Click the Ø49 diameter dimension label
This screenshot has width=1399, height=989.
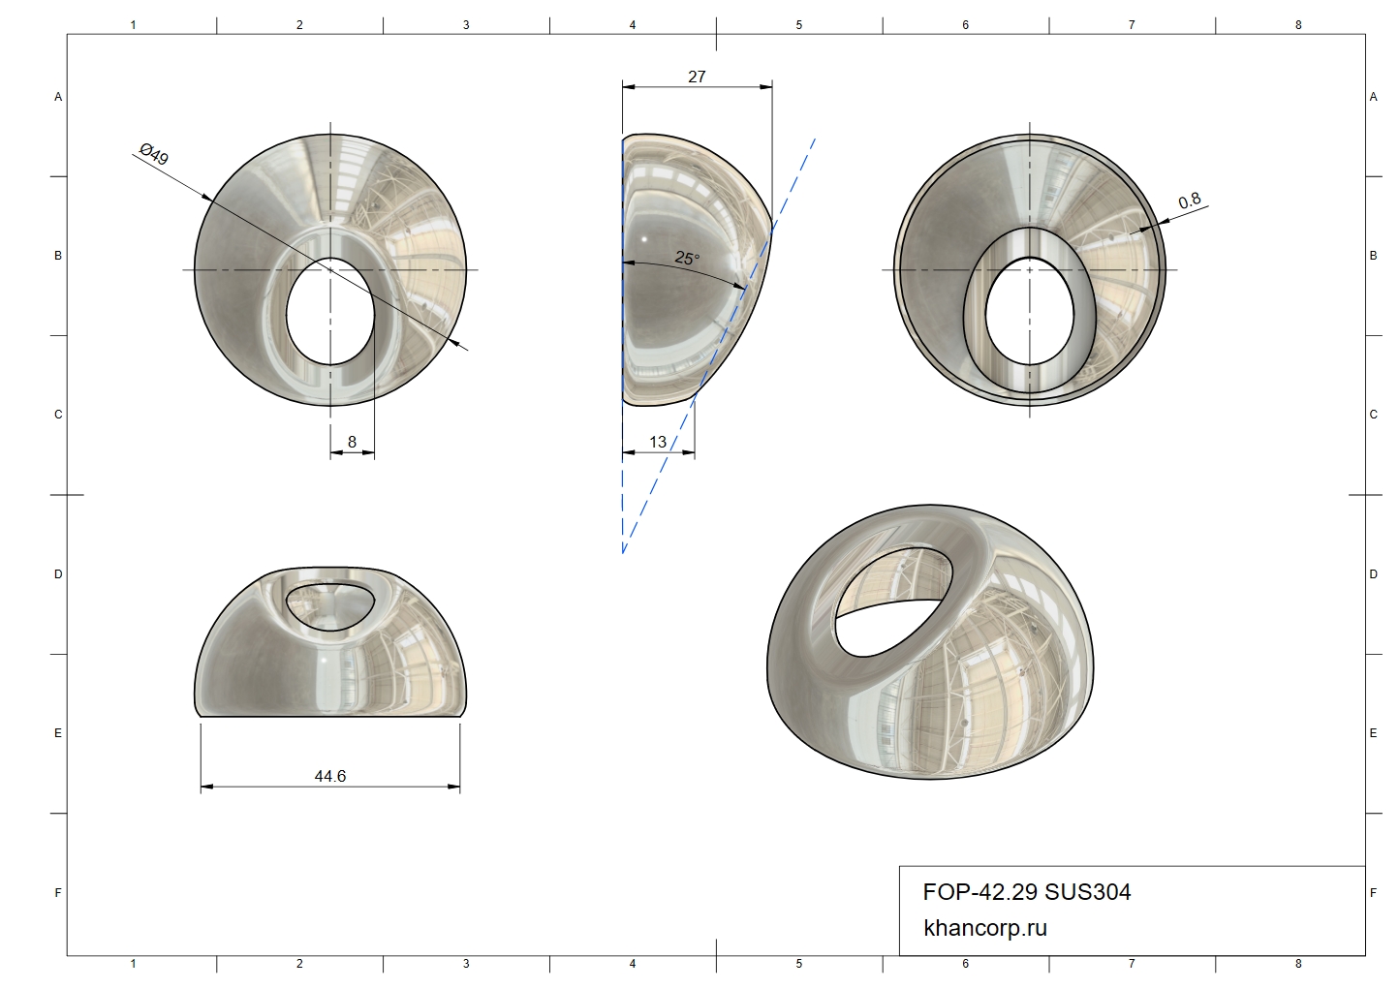click(154, 154)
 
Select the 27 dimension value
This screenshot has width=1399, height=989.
click(697, 77)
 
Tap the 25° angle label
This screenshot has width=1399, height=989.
click(687, 258)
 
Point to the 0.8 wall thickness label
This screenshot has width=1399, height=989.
click(1189, 201)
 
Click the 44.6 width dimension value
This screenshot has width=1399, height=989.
click(329, 776)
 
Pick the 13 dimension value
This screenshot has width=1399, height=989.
click(658, 442)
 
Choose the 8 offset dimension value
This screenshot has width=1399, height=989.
click(352, 442)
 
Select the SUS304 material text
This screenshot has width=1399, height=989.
click(1087, 892)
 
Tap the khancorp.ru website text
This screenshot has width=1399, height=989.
click(985, 928)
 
